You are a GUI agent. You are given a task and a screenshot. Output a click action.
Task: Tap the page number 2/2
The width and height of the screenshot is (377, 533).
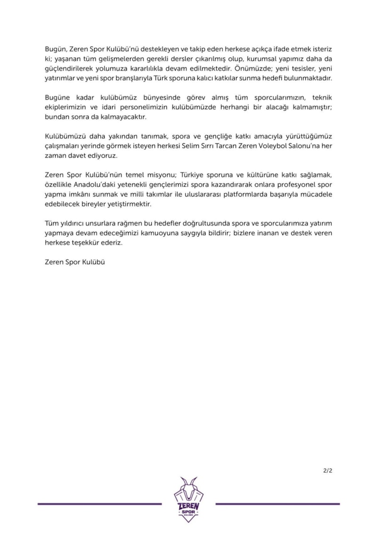(328, 470)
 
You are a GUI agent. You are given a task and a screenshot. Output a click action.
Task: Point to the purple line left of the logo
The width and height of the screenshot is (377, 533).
(99, 504)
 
